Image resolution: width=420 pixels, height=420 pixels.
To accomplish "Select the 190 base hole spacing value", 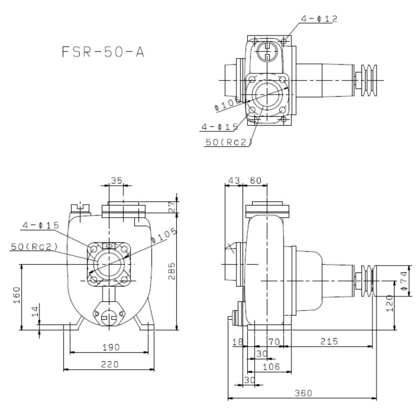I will (111, 347).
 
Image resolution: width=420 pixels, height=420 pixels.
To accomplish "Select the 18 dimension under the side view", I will (237, 342).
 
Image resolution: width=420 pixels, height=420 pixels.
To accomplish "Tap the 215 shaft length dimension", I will (328, 342).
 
